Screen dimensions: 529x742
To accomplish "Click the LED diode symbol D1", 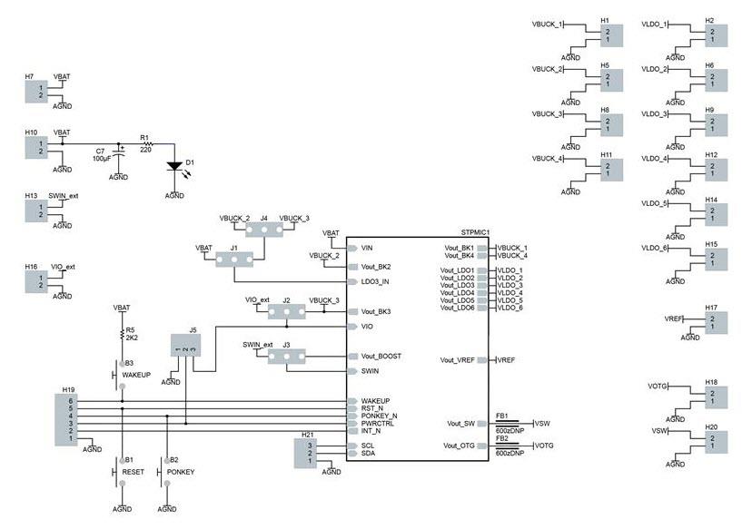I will click(175, 167).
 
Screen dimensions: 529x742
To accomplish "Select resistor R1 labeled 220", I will click(145, 144).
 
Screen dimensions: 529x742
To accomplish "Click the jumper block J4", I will click(265, 230).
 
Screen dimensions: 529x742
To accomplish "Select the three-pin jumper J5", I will click(186, 345).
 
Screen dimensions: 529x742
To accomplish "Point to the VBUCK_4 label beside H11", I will click(548, 160).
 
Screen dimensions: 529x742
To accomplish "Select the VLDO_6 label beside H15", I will click(654, 249).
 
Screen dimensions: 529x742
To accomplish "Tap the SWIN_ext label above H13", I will click(64, 195).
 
